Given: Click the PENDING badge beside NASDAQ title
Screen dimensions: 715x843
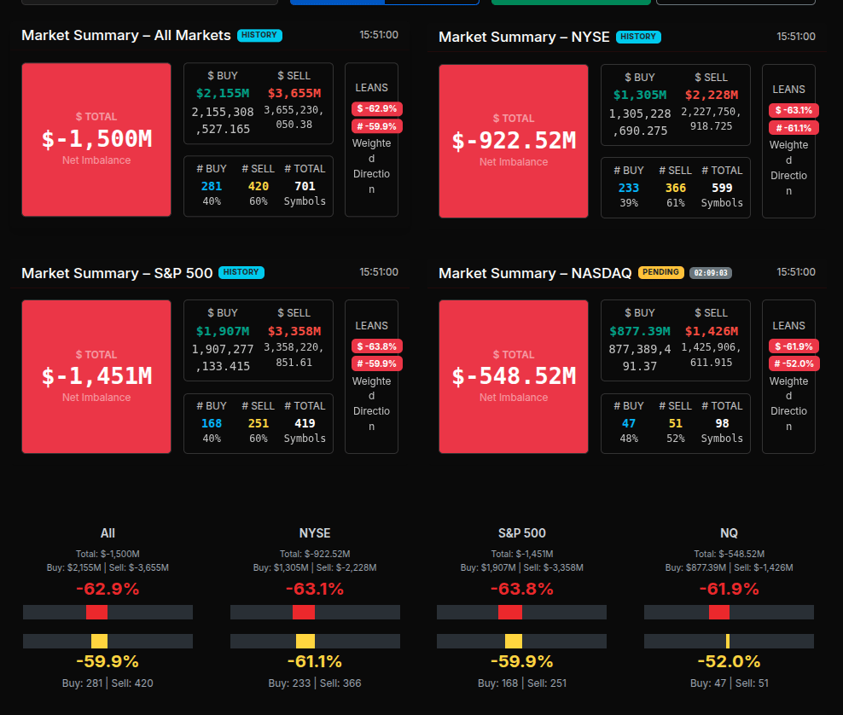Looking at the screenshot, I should click(x=661, y=272).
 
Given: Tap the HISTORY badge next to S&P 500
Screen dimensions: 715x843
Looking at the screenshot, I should click(x=241, y=272).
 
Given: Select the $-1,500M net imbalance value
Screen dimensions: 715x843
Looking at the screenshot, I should click(x=96, y=139).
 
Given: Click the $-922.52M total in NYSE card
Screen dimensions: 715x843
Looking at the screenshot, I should click(x=514, y=141).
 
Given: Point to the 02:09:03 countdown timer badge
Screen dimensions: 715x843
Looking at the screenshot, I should click(x=711, y=273).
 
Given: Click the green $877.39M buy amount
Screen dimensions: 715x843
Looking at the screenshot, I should click(x=640, y=331).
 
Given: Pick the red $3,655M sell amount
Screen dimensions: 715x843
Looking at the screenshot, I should click(x=294, y=93).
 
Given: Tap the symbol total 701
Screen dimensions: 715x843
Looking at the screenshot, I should click(x=305, y=186).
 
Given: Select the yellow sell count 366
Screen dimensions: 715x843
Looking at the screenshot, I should click(x=676, y=188).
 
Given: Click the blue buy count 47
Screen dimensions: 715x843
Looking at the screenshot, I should click(x=629, y=423).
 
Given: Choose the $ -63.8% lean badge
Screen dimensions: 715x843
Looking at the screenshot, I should click(x=376, y=346).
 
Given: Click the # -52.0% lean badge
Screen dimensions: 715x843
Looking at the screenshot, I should click(x=794, y=363).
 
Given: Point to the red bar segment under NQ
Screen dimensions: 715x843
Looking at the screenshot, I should click(x=719, y=613).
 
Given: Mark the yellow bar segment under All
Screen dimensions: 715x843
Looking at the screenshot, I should click(x=99, y=642).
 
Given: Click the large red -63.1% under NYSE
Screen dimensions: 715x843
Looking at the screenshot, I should click(x=315, y=589).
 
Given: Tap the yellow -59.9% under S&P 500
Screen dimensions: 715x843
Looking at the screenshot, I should click(x=521, y=661).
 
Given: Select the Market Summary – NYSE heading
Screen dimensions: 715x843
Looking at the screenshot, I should click(x=524, y=37).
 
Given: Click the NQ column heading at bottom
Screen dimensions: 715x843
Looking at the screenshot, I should click(x=729, y=533).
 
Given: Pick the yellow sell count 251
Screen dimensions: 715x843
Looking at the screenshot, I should click(x=259, y=423).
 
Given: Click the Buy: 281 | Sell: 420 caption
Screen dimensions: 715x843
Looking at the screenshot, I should click(x=108, y=683).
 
